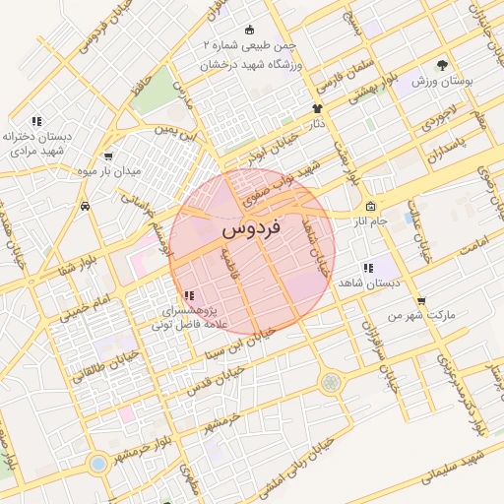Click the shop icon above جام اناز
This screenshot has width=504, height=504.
point(370,207)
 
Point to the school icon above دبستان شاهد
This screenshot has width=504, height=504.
point(367,268)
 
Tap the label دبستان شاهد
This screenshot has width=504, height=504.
point(365,283)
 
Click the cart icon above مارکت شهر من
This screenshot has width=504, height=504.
point(421,300)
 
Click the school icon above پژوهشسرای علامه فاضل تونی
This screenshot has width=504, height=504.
point(188,295)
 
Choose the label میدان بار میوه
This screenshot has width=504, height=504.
point(109,171)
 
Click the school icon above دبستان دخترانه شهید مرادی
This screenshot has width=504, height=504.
point(35,121)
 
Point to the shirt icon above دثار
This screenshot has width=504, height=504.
point(317,109)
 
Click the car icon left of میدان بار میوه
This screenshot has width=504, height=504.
point(88,207)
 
